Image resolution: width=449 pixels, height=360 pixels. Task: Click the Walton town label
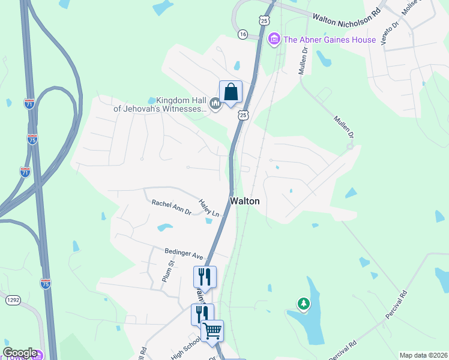click(245, 201)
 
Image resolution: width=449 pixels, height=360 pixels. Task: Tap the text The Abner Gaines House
click(330, 40)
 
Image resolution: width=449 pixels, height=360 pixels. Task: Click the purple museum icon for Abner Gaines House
click(274, 40)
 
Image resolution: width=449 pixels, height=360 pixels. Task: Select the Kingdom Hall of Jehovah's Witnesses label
click(160, 105)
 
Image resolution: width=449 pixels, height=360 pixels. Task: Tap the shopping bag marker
click(231, 92)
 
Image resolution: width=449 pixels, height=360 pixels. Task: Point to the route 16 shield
click(243, 34)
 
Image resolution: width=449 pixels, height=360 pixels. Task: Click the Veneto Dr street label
click(395, 32)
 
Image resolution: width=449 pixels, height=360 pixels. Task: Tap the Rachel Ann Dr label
click(171, 207)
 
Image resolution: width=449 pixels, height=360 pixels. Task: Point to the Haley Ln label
click(209, 208)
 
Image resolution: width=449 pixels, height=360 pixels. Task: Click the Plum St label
click(167, 271)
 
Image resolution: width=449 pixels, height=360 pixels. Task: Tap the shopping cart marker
click(212, 330)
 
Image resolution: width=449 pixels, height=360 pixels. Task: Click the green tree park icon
click(304, 304)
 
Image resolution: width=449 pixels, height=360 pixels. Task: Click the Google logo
click(20, 353)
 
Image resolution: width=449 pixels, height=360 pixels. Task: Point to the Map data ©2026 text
click(423, 355)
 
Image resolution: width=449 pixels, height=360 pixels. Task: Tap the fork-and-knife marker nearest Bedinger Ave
click(204, 277)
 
